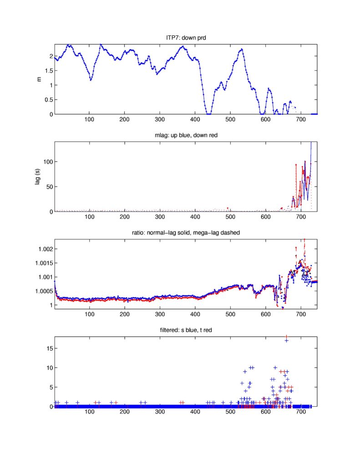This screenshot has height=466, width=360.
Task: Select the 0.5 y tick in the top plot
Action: coord(48,100)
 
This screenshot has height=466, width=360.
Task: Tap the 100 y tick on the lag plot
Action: coord(47,162)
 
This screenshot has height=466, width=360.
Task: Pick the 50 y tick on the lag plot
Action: coord(49,187)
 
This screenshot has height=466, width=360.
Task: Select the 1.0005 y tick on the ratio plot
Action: coord(43,291)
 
